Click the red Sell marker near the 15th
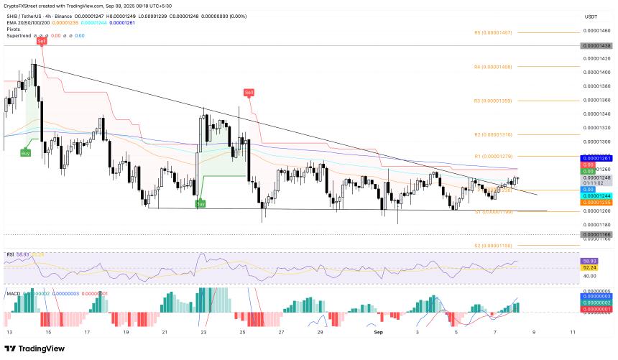point(42,42)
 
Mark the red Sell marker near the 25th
point(249,93)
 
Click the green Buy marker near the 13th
point(25,153)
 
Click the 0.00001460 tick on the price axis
point(596,30)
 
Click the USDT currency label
point(591,16)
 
